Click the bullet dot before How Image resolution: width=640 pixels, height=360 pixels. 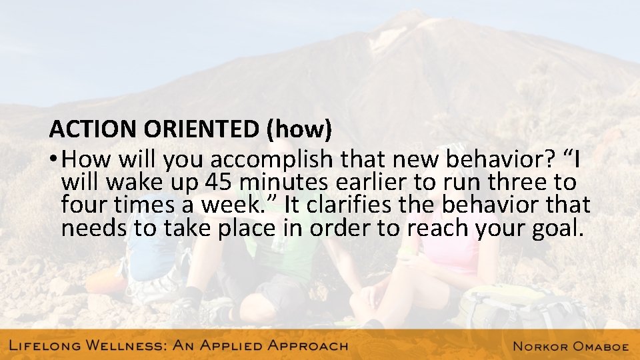53,160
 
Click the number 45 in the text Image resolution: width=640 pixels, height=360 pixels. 220,183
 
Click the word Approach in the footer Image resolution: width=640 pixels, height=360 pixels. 307,346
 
